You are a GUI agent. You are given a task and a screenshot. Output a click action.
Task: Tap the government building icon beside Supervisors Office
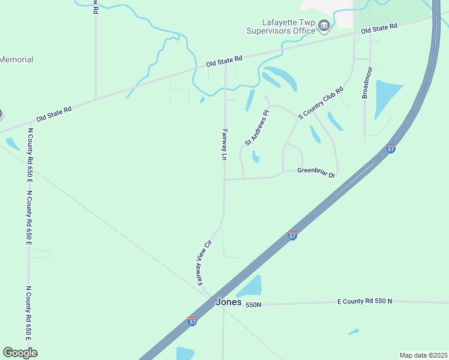324,26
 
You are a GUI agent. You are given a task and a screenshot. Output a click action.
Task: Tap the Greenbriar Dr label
315,171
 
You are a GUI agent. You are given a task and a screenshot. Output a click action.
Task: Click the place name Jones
228,303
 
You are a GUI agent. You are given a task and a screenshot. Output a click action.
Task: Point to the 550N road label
253,305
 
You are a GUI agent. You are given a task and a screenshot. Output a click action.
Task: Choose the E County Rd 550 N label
364,301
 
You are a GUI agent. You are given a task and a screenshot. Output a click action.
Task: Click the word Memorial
16,60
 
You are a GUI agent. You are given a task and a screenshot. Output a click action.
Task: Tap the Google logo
20,352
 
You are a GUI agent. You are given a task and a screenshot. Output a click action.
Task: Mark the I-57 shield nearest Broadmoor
391,149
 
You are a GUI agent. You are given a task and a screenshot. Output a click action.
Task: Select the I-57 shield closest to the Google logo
192,321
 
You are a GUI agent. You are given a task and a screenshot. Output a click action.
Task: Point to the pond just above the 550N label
251,287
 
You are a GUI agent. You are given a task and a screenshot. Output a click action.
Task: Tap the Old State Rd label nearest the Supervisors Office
379,28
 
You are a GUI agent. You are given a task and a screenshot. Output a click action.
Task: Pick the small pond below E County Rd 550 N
354,331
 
